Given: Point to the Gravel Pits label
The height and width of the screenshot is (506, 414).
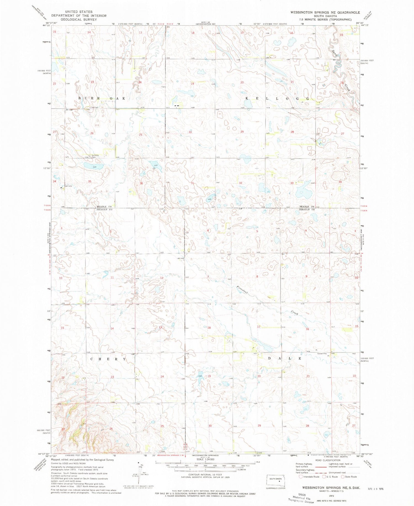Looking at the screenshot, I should coord(322,354).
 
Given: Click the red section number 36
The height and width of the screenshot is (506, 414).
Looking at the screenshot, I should coord(141,183).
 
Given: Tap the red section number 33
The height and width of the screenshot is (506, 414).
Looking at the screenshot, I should coord(292,183).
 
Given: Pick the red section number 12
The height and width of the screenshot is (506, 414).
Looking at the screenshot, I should coord(161,278).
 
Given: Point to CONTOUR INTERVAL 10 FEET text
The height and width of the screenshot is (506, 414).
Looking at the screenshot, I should coord(205,475).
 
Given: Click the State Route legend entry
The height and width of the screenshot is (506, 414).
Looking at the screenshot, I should coord(349,476).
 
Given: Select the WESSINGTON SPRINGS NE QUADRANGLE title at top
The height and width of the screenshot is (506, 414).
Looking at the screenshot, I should coord(325,12).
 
